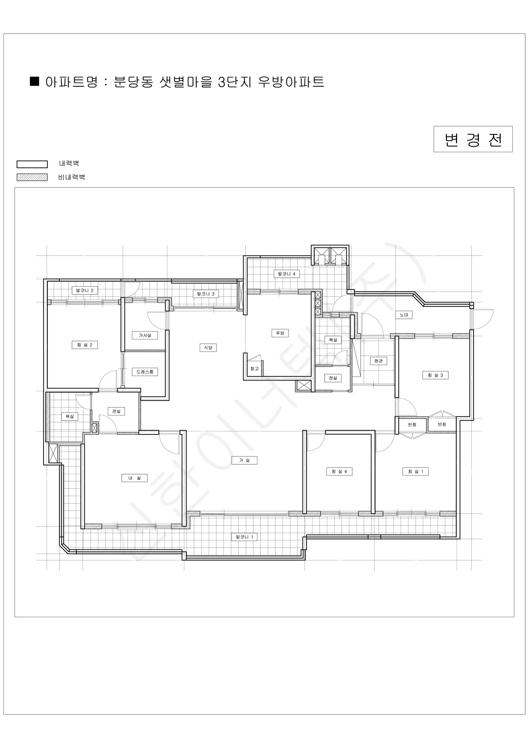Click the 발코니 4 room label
pos(287,274)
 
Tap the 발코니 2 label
pos(85,290)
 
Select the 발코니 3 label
pos(206,294)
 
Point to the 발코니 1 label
pos(244,537)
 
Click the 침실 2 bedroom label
pos(85,345)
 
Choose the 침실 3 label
pos(435,375)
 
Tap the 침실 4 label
pos(339,471)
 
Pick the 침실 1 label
pos(416,471)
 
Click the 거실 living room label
pos(244,460)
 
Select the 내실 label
pos(135,478)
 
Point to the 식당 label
pos(208,348)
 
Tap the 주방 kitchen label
pos(280,333)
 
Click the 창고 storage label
pos(255,368)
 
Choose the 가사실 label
pos(145,335)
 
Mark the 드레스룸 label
pos(145,372)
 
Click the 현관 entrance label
pos(379,361)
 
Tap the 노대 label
pos(404,315)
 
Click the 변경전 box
pos(473,139)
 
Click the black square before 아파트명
pos(35,81)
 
